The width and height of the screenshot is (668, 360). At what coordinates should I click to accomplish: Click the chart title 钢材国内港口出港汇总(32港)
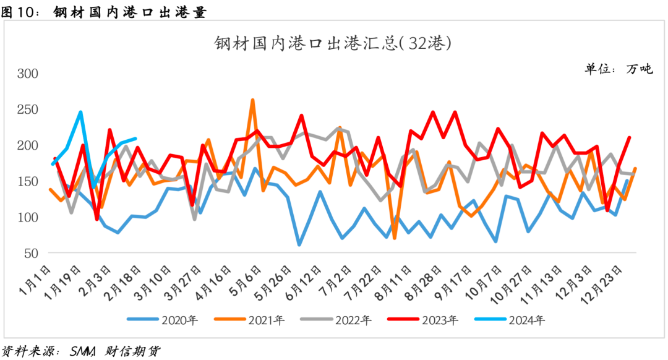point(333,44)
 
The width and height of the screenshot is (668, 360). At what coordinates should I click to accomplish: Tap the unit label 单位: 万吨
point(619,69)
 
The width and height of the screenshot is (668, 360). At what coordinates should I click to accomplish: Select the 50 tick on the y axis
point(32,254)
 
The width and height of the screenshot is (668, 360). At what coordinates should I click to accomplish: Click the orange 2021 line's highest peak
point(252,100)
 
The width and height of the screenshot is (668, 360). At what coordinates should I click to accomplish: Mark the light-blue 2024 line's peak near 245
point(81,112)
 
